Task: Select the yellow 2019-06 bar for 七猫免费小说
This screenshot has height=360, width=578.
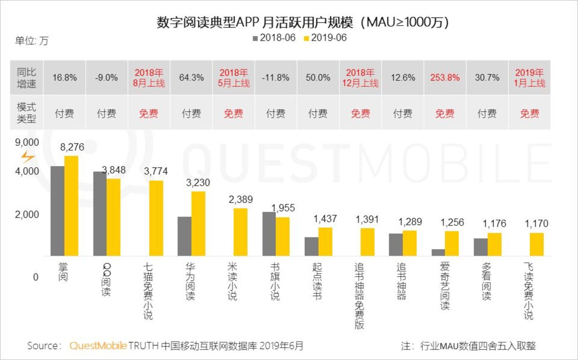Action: tap(156, 218)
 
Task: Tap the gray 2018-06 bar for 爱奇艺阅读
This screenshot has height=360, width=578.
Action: tap(438, 252)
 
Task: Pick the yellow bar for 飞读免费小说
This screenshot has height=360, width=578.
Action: tap(537, 244)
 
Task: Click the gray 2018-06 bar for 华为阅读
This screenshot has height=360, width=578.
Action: tap(185, 236)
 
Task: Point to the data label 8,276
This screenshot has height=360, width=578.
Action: tap(72, 147)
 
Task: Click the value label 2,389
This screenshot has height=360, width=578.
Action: tap(240, 199)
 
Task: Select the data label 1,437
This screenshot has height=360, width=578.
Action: tap(325, 219)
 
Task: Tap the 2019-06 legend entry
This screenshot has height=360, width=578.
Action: tap(325, 38)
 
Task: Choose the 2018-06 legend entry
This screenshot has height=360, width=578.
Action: tap(274, 38)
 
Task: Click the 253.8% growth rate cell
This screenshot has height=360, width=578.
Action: tap(445, 78)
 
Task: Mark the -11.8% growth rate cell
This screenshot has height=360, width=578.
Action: tap(275, 78)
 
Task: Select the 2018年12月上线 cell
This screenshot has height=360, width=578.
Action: tap(360, 78)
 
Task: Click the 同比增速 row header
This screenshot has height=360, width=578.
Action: tap(26, 78)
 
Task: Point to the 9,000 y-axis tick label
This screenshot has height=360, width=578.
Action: tap(27, 142)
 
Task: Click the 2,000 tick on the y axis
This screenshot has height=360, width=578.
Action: tap(27, 215)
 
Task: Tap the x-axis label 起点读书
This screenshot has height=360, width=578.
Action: tap(317, 281)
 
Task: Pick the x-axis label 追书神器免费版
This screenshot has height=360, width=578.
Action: tap(359, 296)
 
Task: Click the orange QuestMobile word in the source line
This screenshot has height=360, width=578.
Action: tap(98, 346)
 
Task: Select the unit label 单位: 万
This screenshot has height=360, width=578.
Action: tap(32, 40)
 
